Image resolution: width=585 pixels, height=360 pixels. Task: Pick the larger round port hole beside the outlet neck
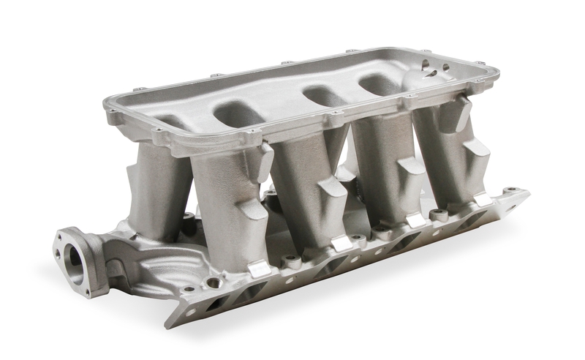[214, 282]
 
